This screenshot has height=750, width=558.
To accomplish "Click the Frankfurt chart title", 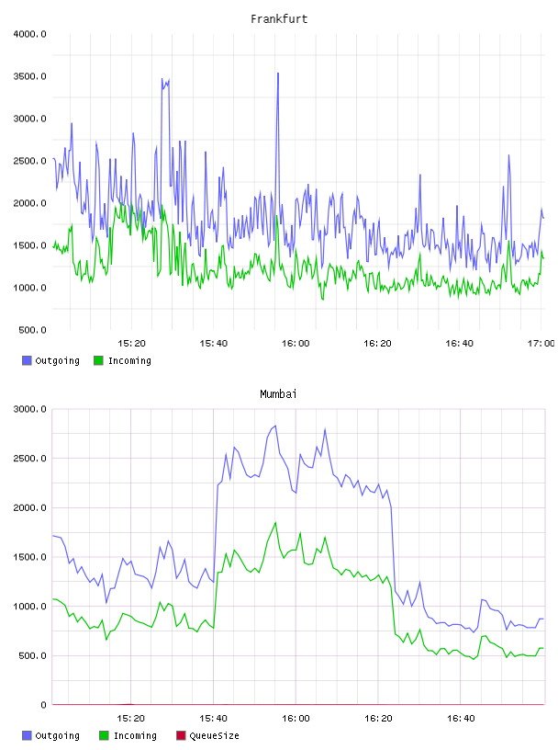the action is click(x=279, y=19).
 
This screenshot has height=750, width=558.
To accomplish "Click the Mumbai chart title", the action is click(x=278, y=394).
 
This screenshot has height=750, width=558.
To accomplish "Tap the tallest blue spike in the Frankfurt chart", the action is click(x=278, y=74).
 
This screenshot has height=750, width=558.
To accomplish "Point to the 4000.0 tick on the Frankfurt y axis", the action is click(x=30, y=34).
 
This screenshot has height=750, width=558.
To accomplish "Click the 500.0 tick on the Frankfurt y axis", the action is click(x=32, y=330).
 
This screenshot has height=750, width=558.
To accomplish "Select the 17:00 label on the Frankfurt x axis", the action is click(x=541, y=344).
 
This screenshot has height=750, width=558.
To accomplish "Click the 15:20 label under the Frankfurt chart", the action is click(x=131, y=344).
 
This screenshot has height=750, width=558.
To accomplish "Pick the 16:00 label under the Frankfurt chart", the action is click(x=296, y=344).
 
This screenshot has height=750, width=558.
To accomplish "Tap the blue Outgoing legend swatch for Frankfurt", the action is click(x=27, y=360).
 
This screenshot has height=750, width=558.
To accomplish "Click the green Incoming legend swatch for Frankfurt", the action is click(x=98, y=360).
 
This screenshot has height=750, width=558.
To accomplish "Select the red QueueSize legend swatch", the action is click(x=181, y=735).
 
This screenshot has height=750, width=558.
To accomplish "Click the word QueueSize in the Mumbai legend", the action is click(x=214, y=735).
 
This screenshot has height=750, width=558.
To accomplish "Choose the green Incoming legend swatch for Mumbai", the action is click(x=104, y=735).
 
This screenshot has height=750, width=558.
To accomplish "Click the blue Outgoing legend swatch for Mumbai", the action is click(x=27, y=735).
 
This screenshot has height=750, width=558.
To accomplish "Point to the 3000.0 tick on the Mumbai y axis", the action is click(x=30, y=409).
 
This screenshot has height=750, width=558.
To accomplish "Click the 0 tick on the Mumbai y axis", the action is click(x=43, y=705).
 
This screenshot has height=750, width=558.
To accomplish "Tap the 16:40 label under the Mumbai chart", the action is click(x=461, y=719).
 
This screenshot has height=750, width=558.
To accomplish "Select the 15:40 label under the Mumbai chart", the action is click(x=213, y=719).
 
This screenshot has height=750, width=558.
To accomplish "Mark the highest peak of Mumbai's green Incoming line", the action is click(x=275, y=523).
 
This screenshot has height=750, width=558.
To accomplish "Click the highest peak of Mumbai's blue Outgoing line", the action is click(x=275, y=426).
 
